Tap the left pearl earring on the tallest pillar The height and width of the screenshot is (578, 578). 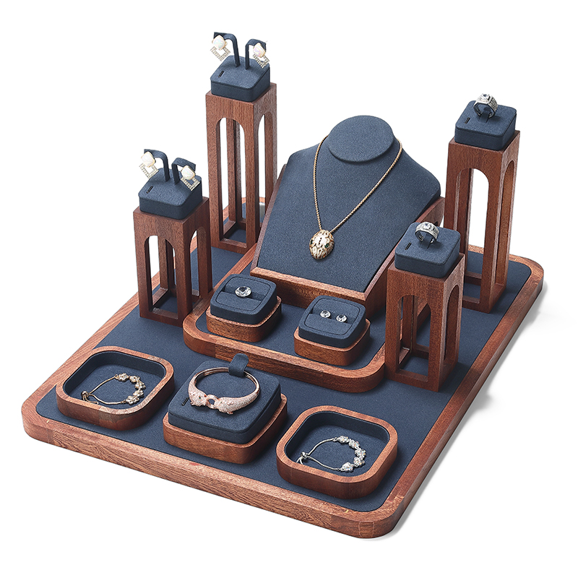(218, 51)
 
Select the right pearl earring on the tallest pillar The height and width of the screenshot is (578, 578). (258, 53)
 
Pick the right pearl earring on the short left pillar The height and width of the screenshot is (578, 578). (189, 174)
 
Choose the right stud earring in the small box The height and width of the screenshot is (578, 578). (340, 317)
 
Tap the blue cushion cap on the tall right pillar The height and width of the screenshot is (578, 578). (485, 128)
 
